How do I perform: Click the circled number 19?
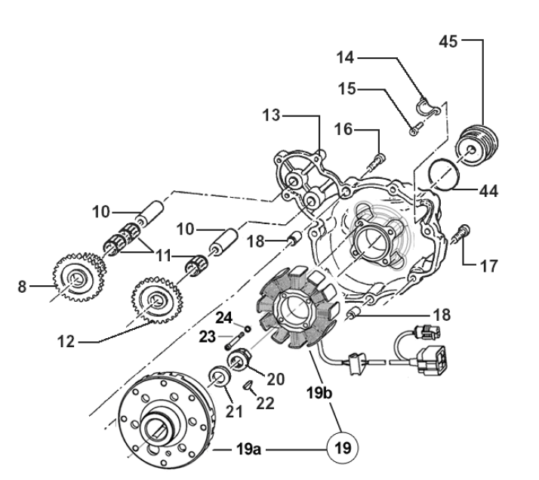tap(343, 448)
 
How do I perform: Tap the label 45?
tap(448, 42)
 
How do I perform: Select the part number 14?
tap(345, 57)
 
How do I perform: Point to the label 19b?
tap(319, 392)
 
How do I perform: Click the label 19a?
tap(248, 449)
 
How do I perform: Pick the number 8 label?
tap(22, 286)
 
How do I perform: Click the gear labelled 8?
tap(79, 277)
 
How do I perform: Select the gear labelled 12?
tap(157, 300)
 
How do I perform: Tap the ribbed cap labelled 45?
tap(477, 146)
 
